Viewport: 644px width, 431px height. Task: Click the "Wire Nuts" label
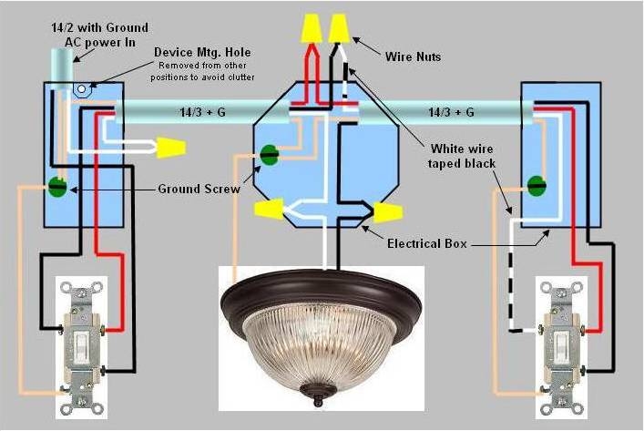(x=413, y=56)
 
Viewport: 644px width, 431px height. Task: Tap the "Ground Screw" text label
(x=199, y=190)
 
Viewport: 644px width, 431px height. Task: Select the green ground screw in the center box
(x=270, y=155)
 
